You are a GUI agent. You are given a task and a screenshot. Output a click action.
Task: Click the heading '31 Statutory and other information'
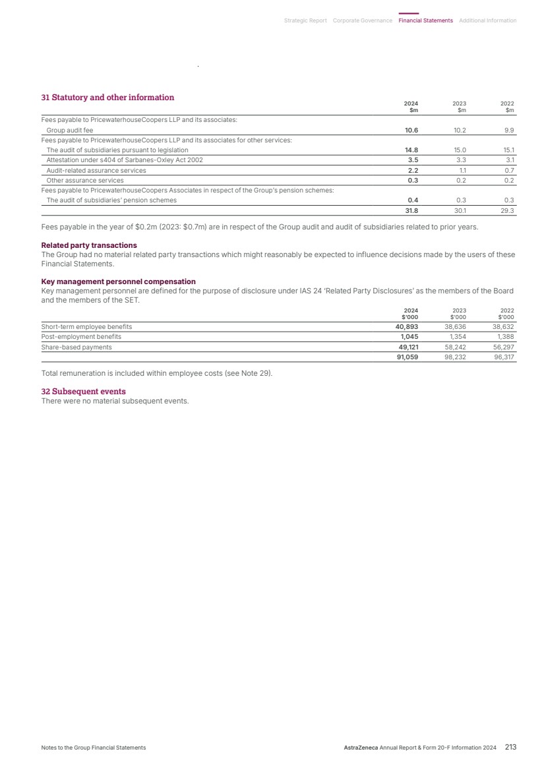tap(107, 98)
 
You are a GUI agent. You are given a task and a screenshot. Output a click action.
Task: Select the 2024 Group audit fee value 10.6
tap(411, 131)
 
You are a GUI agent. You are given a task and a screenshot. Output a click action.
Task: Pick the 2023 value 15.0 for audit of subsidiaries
tap(460, 150)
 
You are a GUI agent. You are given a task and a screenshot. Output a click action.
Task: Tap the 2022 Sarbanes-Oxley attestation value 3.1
tap(509, 160)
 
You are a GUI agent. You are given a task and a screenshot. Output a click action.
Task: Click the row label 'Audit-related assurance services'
tap(96, 170)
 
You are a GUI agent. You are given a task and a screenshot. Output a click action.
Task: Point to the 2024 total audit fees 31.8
tap(411, 211)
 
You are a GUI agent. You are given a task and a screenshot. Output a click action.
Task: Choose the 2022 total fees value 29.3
tap(507, 211)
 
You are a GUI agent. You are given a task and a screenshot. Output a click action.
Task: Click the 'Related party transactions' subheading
tap(89, 245)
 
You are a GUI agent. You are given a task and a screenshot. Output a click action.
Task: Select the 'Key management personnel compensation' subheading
tap(118, 281)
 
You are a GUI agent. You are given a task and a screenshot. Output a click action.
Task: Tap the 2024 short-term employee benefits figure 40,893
tap(407, 326)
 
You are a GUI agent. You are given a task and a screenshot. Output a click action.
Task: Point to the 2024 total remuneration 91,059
tap(407, 357)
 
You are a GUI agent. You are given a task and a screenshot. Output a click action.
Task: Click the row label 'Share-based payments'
tap(76, 347)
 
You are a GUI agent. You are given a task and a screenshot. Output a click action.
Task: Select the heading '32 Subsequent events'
tap(83, 392)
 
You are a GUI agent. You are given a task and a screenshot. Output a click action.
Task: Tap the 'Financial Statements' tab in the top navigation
tap(425, 20)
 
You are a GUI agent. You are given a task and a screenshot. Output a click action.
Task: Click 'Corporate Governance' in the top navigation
tap(362, 20)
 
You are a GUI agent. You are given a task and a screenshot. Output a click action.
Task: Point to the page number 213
tap(510, 748)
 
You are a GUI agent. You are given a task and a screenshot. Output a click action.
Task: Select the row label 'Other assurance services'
tap(84, 180)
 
